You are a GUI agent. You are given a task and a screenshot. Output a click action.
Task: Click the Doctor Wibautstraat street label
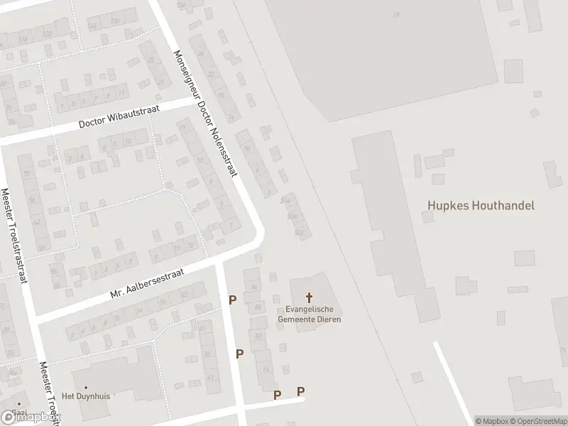(x=120, y=116)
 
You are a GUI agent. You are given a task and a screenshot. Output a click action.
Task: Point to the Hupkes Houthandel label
(x=481, y=205)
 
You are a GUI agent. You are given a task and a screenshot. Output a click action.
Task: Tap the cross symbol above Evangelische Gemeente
(x=310, y=298)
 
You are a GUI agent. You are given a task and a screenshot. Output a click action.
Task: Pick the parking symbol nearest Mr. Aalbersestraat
(x=232, y=301)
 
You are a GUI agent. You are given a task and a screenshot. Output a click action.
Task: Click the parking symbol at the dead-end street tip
(x=300, y=391)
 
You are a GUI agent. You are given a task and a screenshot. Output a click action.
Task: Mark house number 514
(x=286, y=200)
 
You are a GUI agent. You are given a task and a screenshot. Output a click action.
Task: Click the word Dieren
(x=329, y=319)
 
